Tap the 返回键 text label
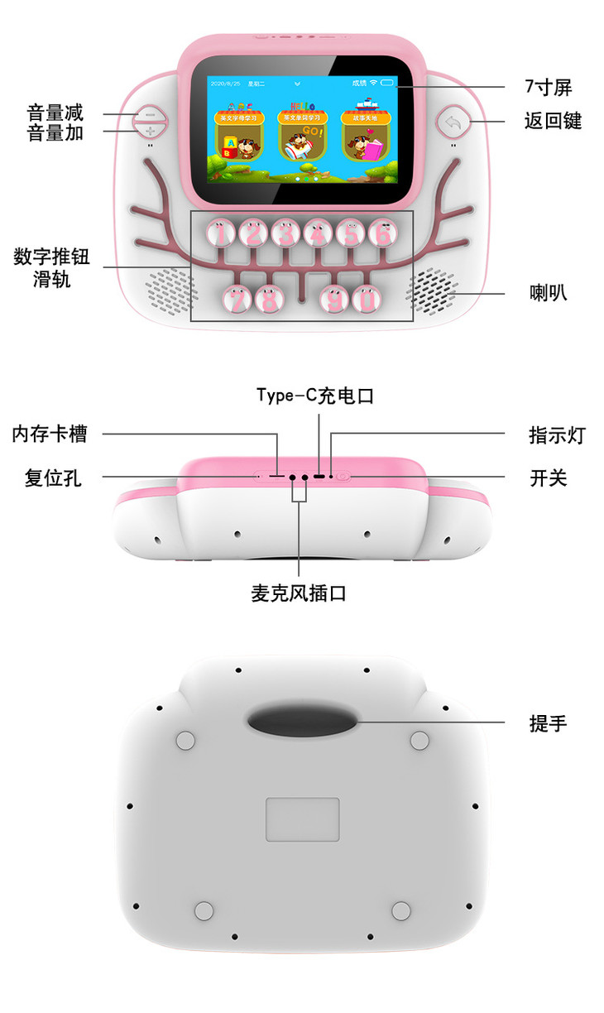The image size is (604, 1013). (x=553, y=121)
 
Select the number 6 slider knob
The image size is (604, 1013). (x=382, y=234)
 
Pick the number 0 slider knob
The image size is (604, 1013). (x=367, y=299)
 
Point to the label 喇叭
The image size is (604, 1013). (x=549, y=293)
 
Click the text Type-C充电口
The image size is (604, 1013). (x=315, y=396)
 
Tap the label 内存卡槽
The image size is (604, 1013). (x=50, y=433)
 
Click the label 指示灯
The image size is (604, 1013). (x=557, y=434)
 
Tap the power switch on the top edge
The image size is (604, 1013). (x=344, y=477)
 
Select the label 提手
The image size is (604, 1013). (x=548, y=723)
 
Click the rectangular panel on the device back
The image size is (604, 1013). (x=302, y=819)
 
